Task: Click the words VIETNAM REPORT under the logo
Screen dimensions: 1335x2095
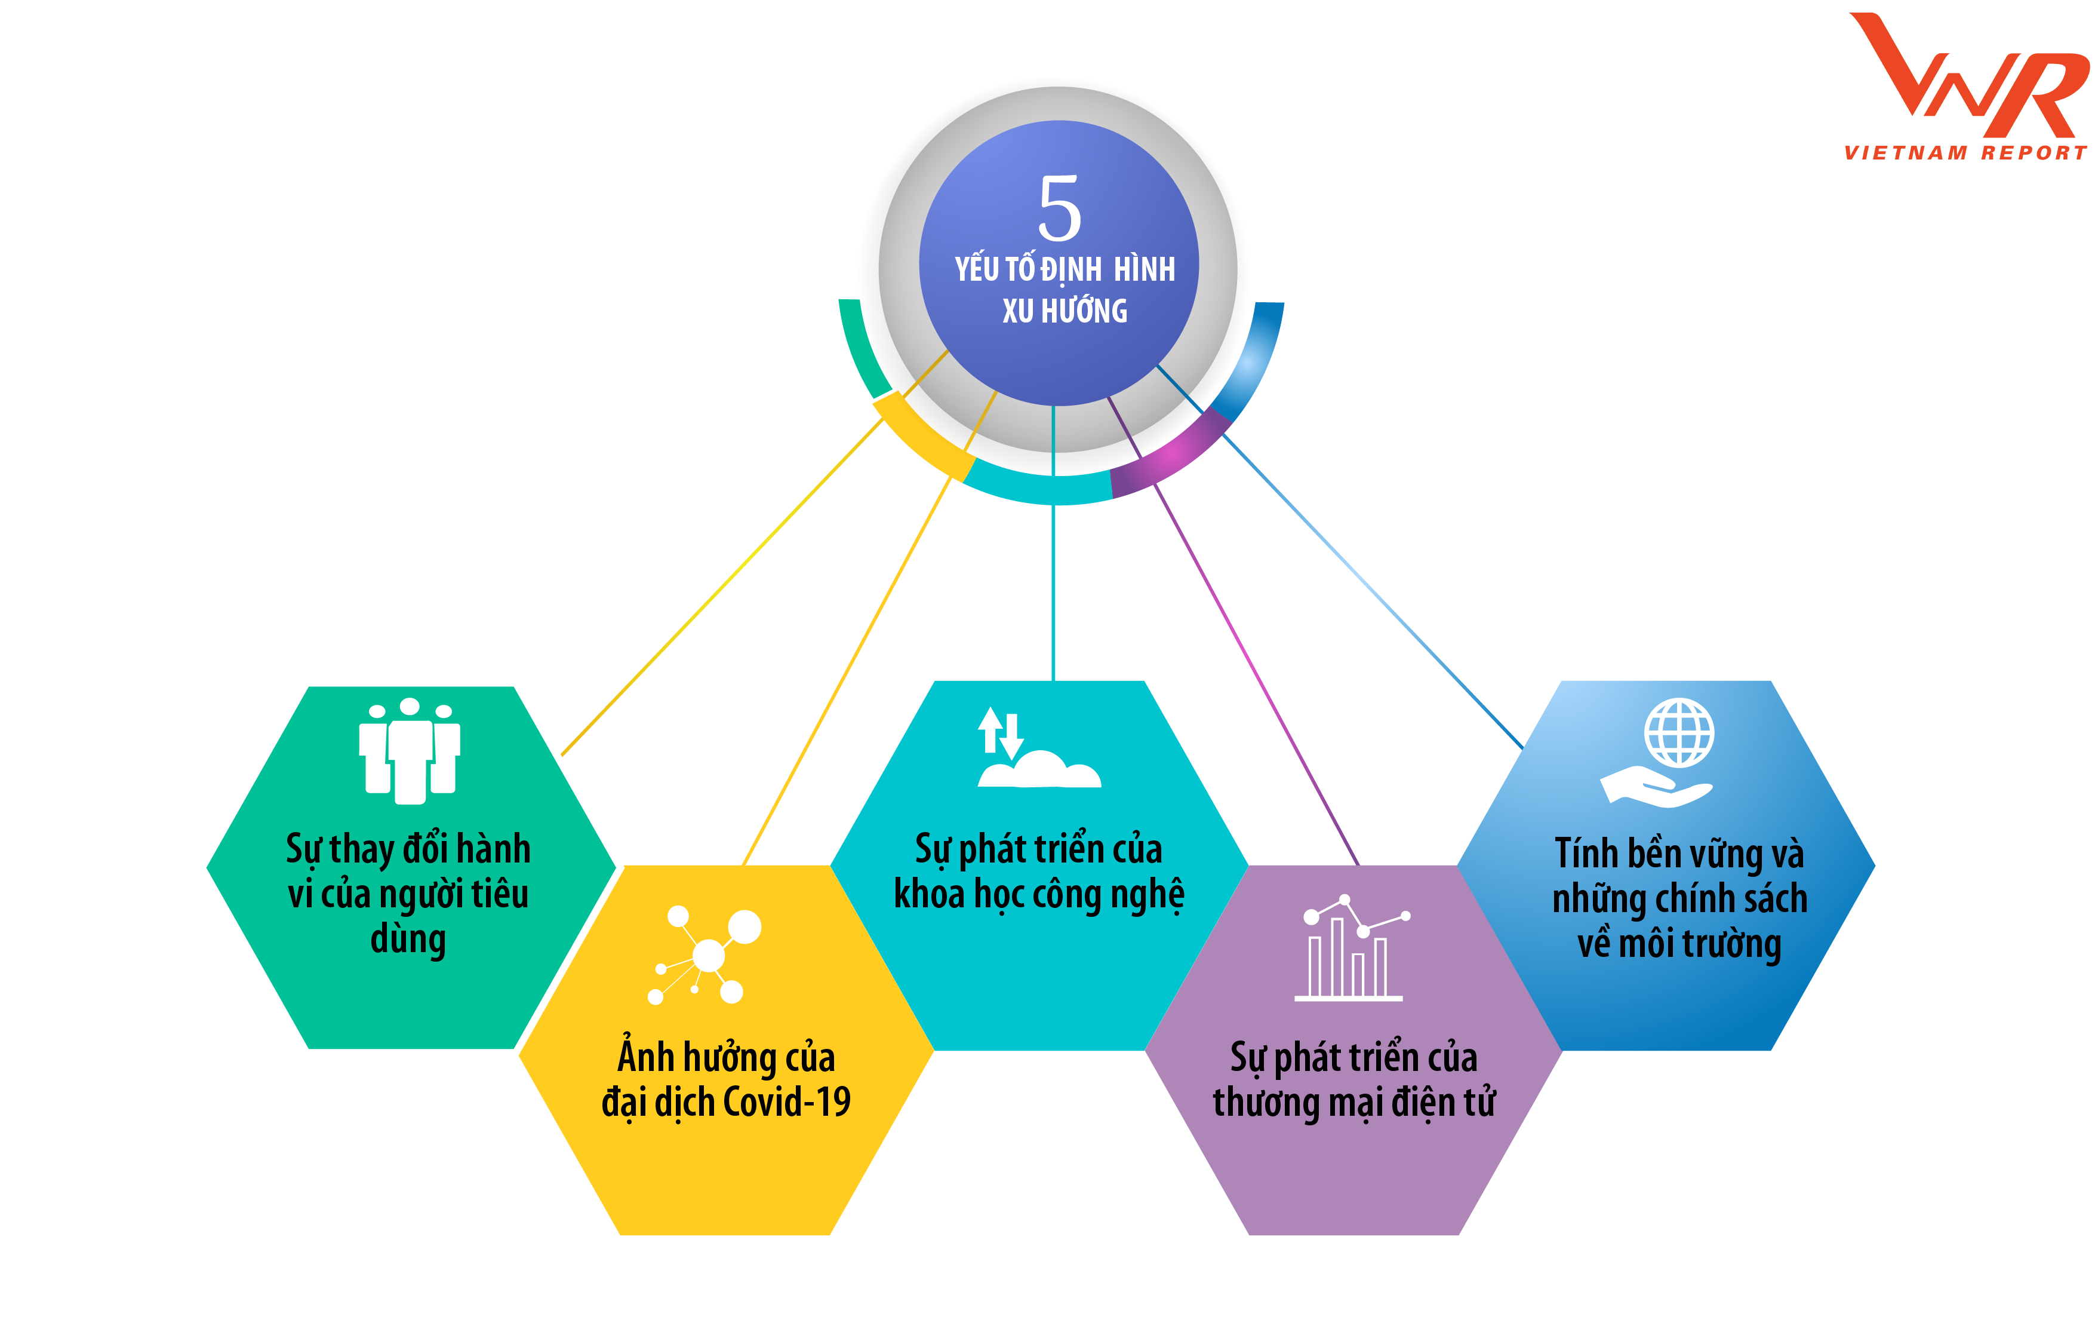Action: coord(1964,153)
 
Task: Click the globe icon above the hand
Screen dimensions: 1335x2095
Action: coord(1678,733)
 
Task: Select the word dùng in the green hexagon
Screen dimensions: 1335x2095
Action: coord(408,940)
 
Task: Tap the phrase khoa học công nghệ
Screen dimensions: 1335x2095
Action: coord(1039,895)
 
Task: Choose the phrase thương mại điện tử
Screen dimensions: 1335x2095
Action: coord(1353,1103)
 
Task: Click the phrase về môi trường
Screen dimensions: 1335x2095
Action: coord(1679,943)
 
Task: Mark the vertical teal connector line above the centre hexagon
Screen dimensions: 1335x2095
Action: coord(1054,592)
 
